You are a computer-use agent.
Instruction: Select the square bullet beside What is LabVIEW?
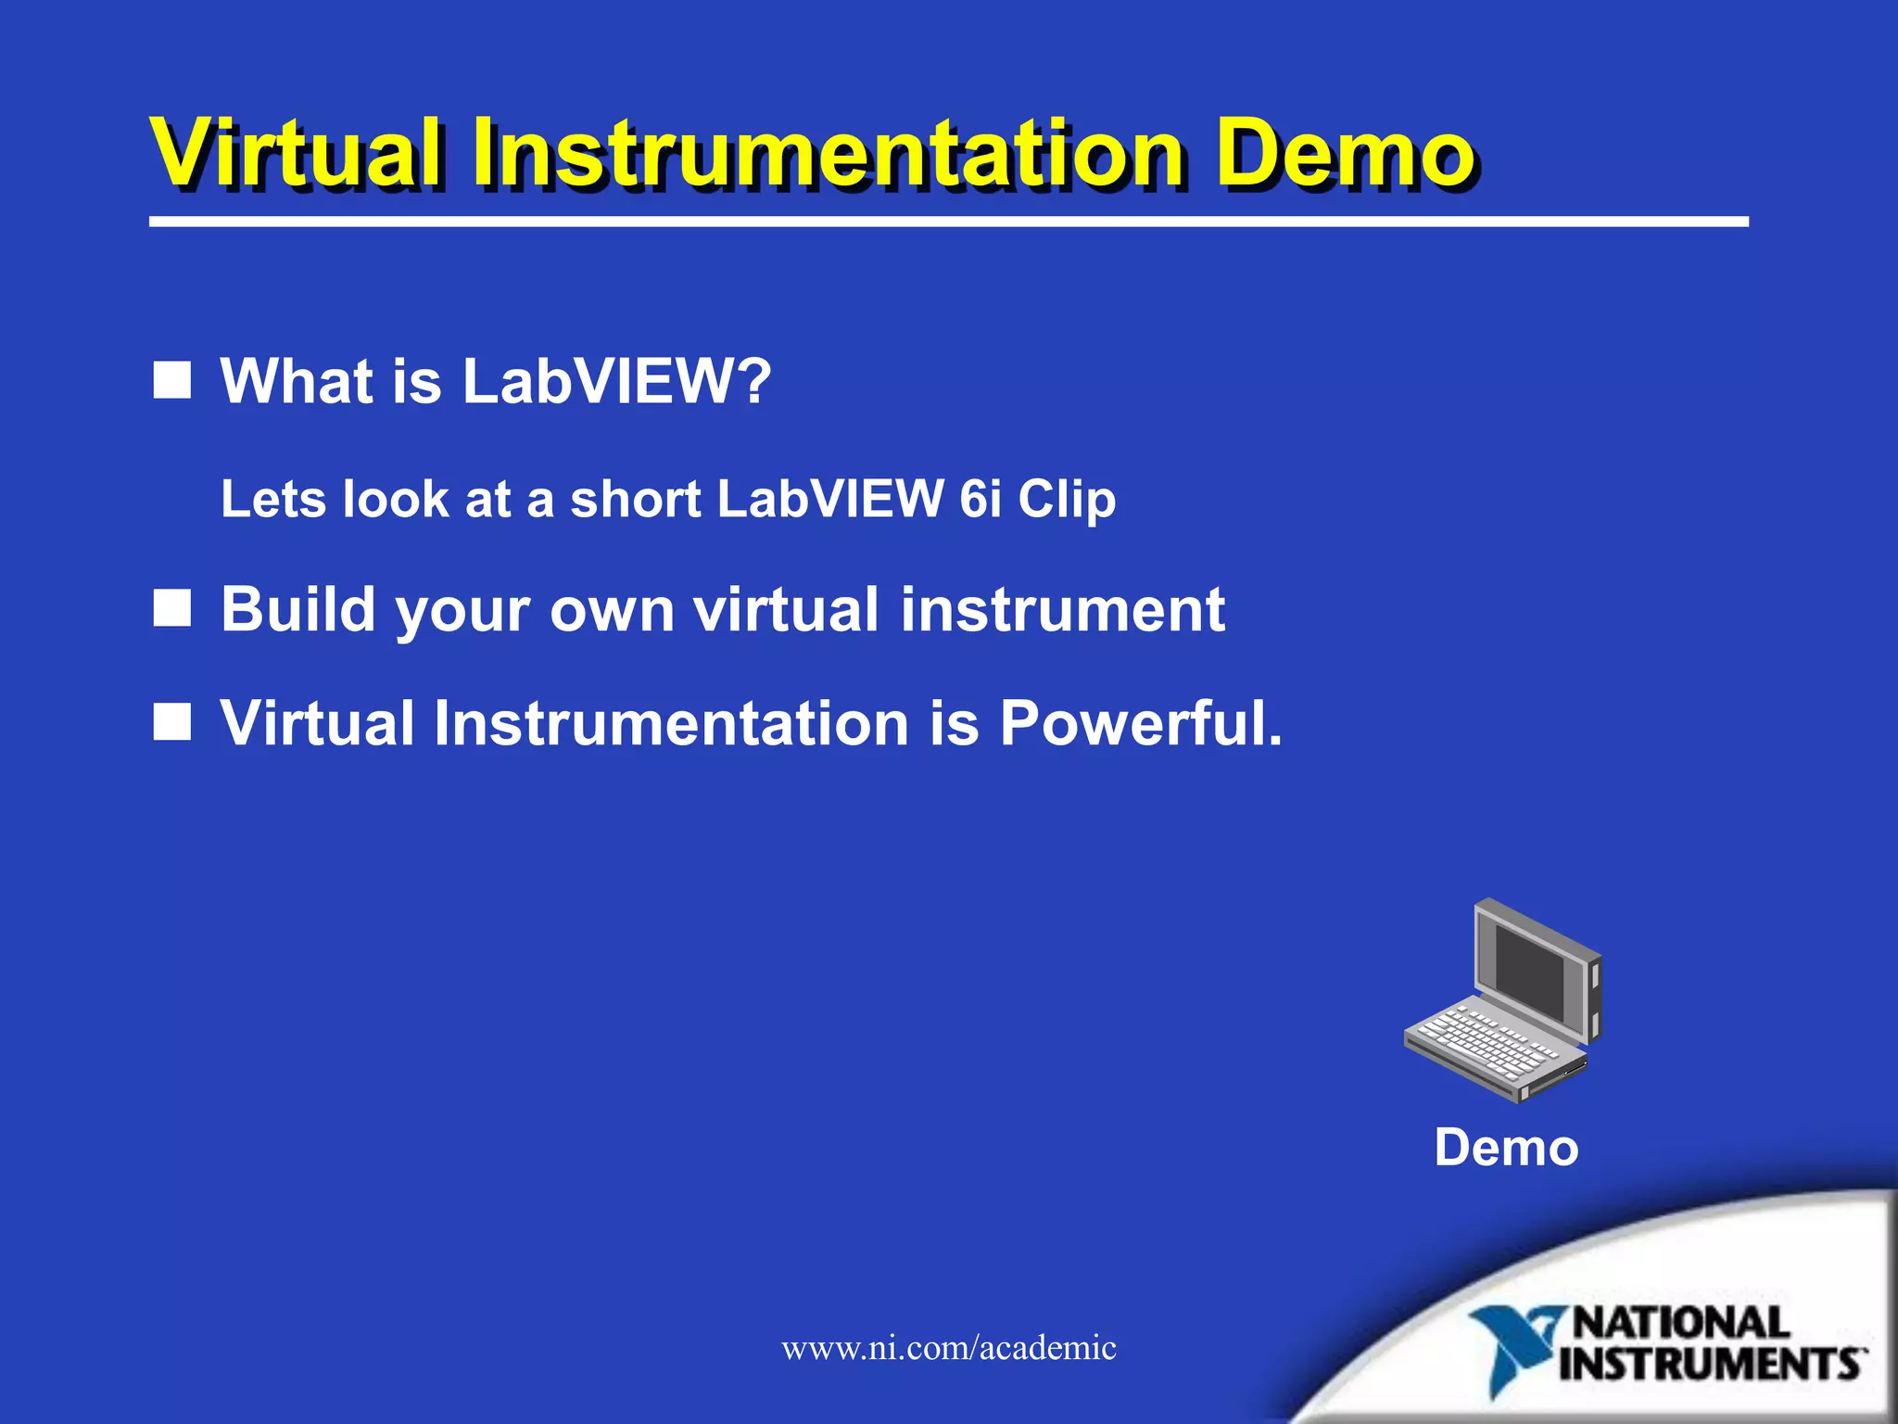tap(171, 380)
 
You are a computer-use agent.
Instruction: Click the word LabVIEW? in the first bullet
tap(616, 381)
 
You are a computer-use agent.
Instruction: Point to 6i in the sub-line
tap(981, 499)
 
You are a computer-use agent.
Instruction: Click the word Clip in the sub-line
tap(1067, 501)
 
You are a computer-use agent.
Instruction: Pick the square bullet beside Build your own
tap(171, 609)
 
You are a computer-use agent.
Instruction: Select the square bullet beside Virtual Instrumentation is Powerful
tap(171, 722)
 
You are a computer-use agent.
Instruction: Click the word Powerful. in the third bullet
tap(1141, 723)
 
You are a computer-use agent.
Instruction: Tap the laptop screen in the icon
tap(1529, 973)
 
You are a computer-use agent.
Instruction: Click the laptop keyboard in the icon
tap(1483, 1043)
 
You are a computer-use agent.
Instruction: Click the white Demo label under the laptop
tap(1506, 1148)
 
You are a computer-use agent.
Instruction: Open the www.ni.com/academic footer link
tap(948, 1347)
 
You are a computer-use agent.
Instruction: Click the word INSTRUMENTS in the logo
tap(1711, 1365)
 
